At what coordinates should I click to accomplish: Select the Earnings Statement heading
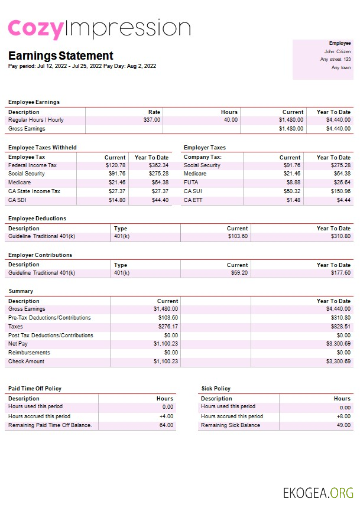[60, 56]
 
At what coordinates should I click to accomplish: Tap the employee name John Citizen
[338, 51]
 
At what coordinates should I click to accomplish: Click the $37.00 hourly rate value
[152, 120]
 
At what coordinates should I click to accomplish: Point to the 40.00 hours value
[231, 120]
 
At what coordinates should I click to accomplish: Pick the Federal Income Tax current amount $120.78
[115, 165]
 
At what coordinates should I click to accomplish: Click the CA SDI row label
[18, 200]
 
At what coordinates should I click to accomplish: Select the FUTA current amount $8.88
[293, 183]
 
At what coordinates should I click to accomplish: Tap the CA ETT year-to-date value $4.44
[343, 200]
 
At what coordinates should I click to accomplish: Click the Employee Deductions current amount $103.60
[237, 236]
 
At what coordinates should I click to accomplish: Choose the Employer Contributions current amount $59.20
[239, 273]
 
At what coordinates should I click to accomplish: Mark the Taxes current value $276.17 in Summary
[166, 326]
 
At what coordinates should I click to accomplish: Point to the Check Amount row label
[26, 362]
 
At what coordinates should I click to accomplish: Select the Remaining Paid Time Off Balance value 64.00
[166, 425]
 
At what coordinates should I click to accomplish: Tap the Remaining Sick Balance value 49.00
[343, 425]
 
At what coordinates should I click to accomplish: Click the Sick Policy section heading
[216, 389]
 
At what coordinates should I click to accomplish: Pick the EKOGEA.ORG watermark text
[318, 493]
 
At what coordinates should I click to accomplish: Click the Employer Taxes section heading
[205, 148]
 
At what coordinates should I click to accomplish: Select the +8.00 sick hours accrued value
[342, 416]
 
